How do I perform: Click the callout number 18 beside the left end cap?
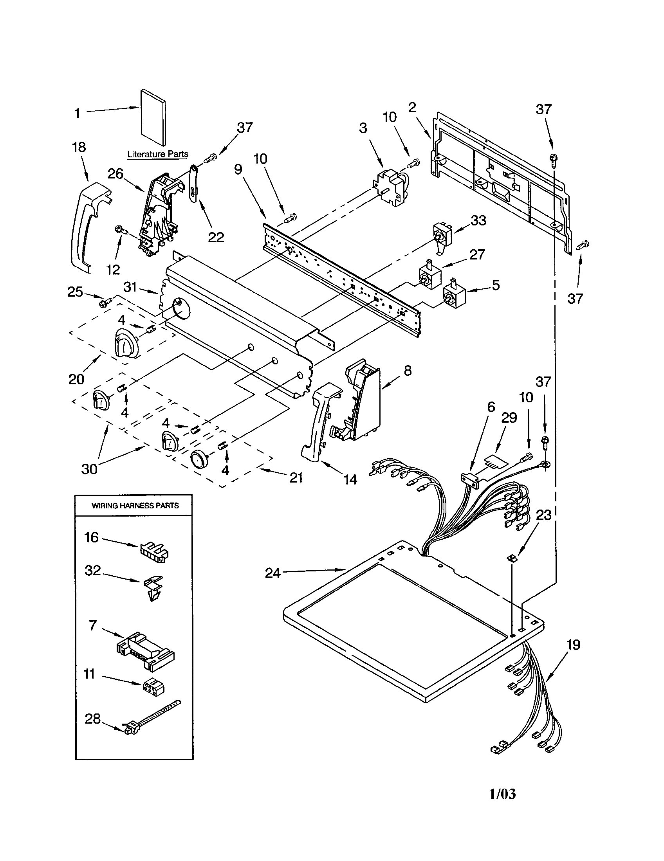coord(79,147)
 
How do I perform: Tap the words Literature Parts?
coord(158,154)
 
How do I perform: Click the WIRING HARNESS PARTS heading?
coord(135,505)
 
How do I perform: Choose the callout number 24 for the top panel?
coord(272,573)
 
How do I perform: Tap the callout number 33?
coord(478,220)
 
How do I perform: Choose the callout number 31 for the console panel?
coord(130,287)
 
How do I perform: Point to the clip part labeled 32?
coord(153,587)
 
